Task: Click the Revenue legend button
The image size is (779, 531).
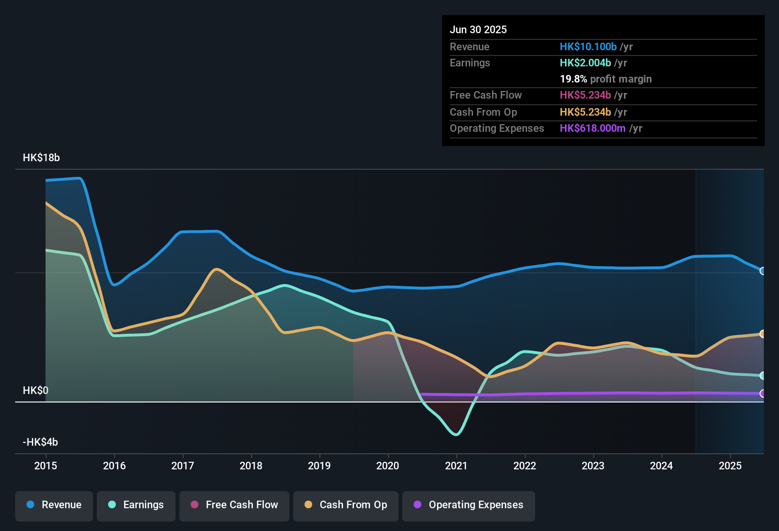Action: point(54,505)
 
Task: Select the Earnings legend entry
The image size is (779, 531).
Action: point(136,505)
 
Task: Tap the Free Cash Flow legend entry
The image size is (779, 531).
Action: point(234,505)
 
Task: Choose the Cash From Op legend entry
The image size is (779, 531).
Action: point(346,505)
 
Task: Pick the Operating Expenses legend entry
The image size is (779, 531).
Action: point(469,505)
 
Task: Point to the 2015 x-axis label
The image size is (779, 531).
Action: point(46,466)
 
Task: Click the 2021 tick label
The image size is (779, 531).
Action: point(456,466)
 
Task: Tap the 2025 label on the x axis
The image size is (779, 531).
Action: point(730,466)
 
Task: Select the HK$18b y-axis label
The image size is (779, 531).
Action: point(41,158)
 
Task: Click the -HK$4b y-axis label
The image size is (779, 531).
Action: point(40,442)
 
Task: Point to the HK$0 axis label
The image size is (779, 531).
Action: point(36,391)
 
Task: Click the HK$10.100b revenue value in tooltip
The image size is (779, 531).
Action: point(588,47)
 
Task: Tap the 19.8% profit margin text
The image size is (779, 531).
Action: point(605,79)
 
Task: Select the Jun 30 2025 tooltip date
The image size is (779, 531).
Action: point(478,30)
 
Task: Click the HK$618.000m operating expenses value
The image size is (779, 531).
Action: point(593,128)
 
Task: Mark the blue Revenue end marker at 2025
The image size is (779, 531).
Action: point(762,271)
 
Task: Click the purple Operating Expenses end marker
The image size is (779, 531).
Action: point(762,394)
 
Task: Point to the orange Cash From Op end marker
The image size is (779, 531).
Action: point(762,334)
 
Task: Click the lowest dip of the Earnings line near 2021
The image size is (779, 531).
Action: point(456,434)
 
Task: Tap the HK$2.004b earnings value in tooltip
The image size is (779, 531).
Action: point(585,63)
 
